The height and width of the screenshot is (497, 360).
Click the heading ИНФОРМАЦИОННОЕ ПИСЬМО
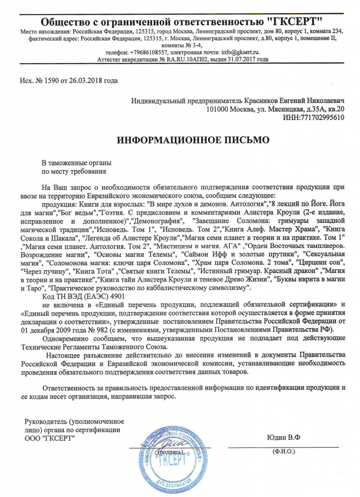coord(193,141)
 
